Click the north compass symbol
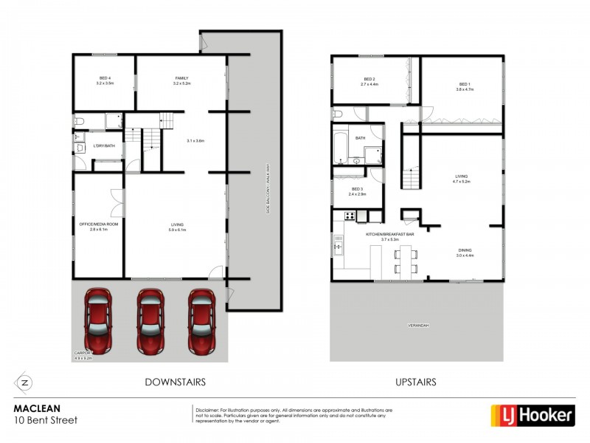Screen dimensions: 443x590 (24, 382)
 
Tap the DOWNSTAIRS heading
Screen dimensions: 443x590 (174, 382)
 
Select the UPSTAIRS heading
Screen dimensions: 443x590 (415, 382)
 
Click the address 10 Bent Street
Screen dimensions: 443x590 (46, 420)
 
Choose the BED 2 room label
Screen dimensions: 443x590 (369, 80)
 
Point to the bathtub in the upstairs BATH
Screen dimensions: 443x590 (341, 147)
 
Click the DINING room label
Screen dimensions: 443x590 (464, 251)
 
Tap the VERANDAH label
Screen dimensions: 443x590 (417, 326)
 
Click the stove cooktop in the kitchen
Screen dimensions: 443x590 (350, 216)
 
